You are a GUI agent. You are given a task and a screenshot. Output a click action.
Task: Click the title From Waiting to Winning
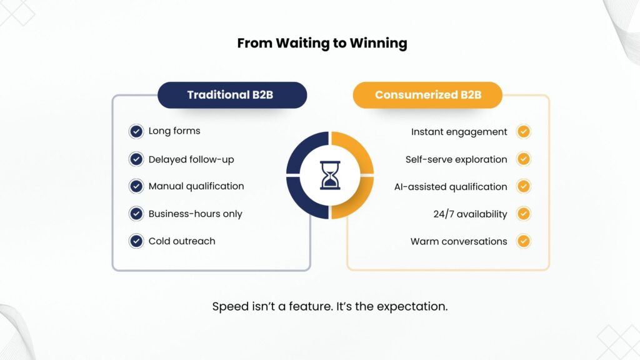[x=322, y=43]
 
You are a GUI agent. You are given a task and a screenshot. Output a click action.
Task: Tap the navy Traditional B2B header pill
[x=232, y=95]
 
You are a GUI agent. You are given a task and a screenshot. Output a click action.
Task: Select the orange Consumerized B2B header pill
[x=427, y=95]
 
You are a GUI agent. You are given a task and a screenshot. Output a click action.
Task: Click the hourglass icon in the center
[x=330, y=175]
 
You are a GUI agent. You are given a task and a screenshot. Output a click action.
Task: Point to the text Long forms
[x=174, y=131]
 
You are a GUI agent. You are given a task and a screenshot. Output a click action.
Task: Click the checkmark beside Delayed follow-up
[x=136, y=159]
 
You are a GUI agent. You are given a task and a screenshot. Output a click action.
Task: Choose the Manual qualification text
[x=196, y=186]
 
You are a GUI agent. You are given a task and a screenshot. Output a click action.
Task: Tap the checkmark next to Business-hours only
[x=136, y=214]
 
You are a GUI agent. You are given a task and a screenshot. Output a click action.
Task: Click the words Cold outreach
[x=182, y=241]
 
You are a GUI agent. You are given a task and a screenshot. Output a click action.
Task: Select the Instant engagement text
[x=459, y=132]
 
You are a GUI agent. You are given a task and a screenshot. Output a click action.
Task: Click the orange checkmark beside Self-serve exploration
[x=524, y=159]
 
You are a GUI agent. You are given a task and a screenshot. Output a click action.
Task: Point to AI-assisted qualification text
[x=451, y=187]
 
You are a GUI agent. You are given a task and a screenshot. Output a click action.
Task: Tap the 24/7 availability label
[x=470, y=214]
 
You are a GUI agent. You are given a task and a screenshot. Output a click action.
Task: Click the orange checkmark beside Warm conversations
[x=524, y=241]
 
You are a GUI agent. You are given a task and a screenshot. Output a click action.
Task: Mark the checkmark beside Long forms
[x=136, y=131]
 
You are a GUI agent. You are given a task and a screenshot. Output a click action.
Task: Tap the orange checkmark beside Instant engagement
[x=524, y=132]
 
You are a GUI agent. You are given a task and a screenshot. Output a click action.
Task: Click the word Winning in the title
[x=378, y=43]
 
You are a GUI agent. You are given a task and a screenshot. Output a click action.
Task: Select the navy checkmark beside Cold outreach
[x=136, y=241]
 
